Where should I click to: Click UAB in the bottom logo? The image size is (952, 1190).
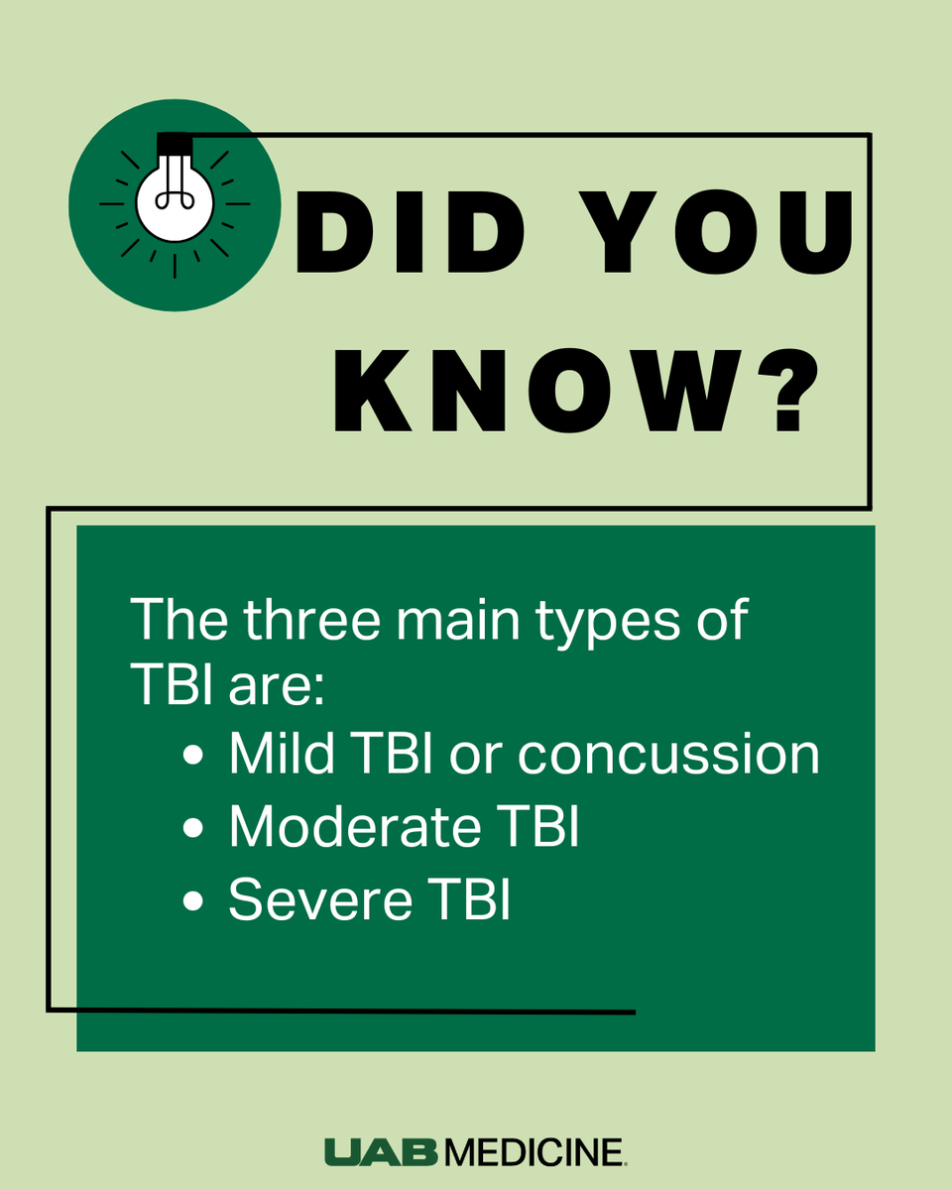point(383,1153)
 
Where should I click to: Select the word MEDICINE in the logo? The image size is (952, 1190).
point(536,1153)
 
